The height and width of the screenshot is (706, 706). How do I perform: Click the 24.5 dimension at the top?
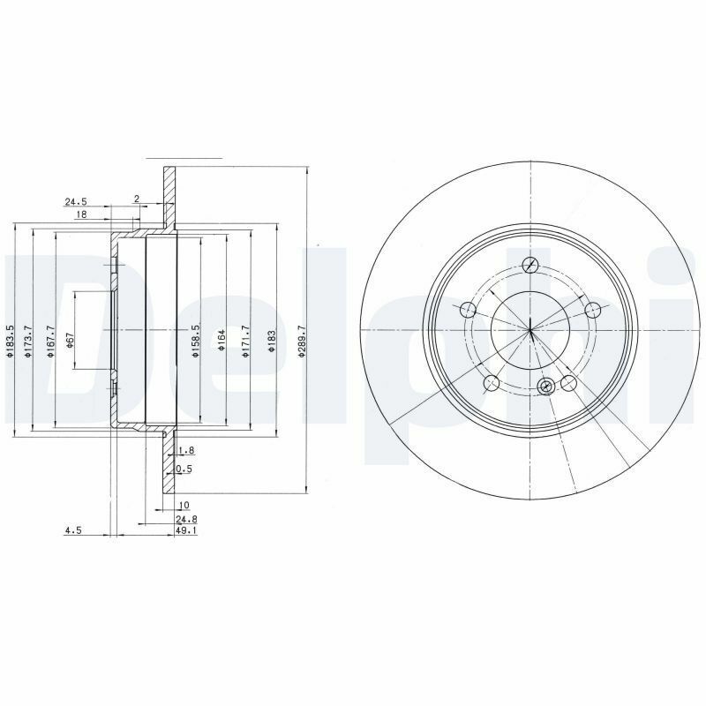point(75,202)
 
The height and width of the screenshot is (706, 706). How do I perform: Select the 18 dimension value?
point(80,214)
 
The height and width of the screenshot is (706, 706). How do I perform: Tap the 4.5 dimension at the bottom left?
point(73,530)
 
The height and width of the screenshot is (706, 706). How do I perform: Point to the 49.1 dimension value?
point(186,531)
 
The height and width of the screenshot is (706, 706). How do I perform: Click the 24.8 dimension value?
point(185,519)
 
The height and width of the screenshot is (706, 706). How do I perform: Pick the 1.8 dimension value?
point(185,450)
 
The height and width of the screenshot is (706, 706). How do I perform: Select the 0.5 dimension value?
point(185,469)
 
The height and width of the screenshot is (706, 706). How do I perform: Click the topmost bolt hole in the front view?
point(530,265)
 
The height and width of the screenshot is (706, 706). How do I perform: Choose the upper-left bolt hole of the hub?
point(468,309)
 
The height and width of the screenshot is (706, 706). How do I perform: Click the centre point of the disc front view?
point(531,330)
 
